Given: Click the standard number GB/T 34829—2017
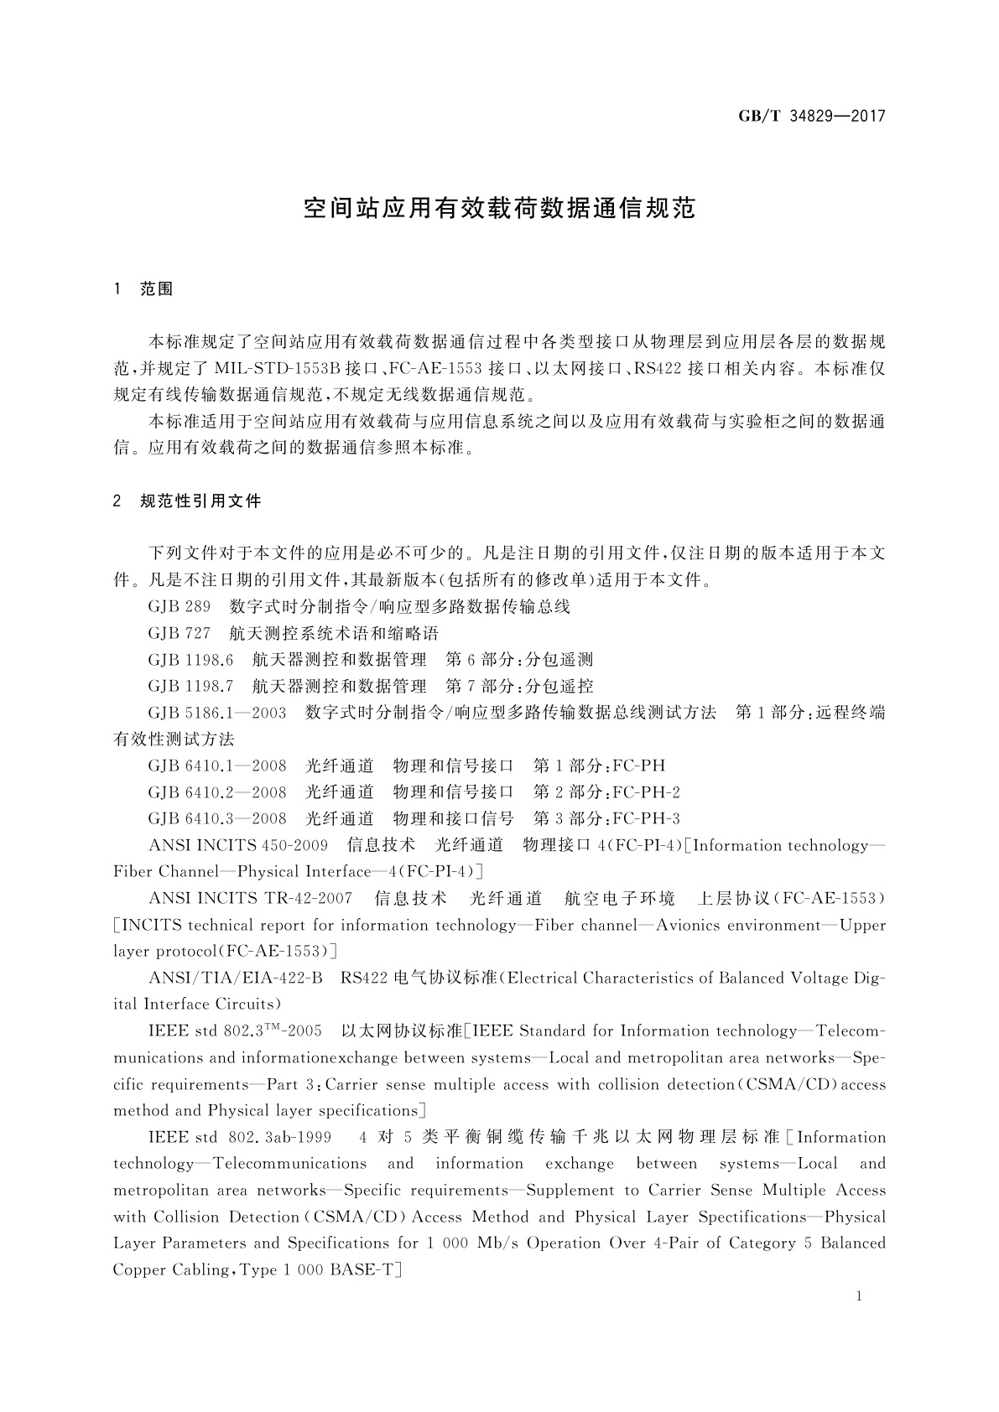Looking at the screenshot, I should (811, 117).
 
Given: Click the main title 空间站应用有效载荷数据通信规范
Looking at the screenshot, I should (499, 209).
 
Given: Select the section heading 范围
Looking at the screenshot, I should (156, 289).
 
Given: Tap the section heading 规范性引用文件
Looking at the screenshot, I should (200, 501).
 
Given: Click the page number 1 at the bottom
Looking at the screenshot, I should (859, 1296).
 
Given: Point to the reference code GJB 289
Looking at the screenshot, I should (179, 606).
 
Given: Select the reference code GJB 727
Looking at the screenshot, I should (179, 633).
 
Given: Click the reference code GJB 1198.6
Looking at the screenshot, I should (190, 660).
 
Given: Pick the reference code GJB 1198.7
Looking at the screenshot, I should (190, 686).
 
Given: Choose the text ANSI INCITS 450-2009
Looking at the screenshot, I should (237, 845).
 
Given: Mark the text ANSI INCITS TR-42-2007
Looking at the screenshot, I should (250, 899).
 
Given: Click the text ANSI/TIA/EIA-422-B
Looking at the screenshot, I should (235, 978).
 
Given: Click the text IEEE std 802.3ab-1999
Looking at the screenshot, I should (239, 1138).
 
